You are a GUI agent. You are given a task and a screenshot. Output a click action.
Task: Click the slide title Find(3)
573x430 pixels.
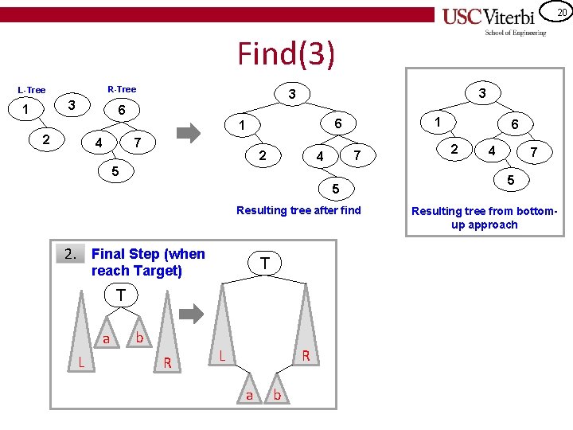coord(286,54)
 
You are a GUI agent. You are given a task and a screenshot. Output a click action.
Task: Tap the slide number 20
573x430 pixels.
coord(560,12)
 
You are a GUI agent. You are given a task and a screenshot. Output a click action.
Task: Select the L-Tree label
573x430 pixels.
coord(32,90)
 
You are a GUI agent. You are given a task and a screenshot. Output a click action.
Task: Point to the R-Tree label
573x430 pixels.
coord(121,89)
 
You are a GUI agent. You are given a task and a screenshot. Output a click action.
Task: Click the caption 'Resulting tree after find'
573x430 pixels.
coord(298,210)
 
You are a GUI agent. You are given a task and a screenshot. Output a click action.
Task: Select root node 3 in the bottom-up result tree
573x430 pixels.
coord(482,93)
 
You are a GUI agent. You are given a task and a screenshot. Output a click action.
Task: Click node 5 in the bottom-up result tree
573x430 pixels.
coord(510,181)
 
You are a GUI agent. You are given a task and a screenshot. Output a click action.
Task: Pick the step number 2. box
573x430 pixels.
coord(71,254)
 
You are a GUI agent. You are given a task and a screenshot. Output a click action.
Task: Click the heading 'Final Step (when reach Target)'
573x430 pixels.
coord(148,262)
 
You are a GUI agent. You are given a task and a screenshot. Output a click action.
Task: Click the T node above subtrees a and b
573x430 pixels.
coord(120,295)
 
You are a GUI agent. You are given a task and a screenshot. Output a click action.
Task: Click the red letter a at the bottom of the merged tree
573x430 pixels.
coord(248,394)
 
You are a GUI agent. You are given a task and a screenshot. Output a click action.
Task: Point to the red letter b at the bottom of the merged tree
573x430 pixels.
coord(277,393)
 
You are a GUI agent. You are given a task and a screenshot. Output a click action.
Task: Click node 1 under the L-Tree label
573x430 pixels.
coord(27,109)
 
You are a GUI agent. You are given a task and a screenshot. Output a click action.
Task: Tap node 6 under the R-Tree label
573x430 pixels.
coord(121,109)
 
